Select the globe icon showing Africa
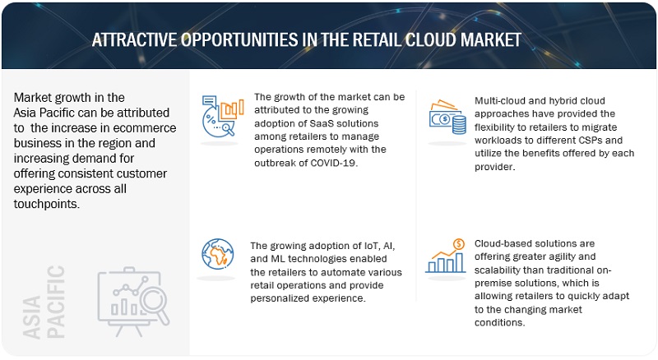click(x=218, y=254)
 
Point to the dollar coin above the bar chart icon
click(x=459, y=244)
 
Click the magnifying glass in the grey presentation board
click(x=155, y=303)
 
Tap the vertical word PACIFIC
click(x=56, y=302)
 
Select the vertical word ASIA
click(x=31, y=316)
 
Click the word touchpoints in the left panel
click(x=47, y=205)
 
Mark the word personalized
click(x=277, y=298)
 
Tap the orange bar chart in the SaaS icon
click(x=232, y=109)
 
